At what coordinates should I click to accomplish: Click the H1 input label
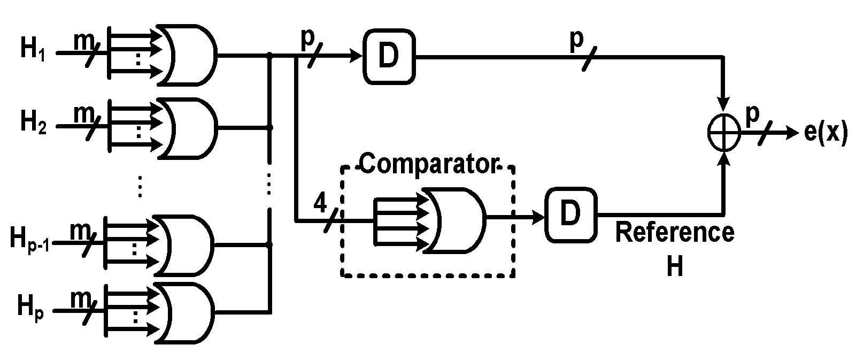[x=33, y=50]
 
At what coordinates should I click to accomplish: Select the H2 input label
[x=33, y=122]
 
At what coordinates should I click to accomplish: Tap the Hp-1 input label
[x=30, y=239]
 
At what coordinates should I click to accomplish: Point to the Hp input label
[x=30, y=309]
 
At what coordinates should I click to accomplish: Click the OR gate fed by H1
[x=187, y=55]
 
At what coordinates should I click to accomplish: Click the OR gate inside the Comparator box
[x=455, y=220]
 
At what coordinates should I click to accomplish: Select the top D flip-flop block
[x=389, y=57]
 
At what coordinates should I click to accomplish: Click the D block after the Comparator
[x=571, y=215]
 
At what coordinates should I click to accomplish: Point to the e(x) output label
[x=826, y=132]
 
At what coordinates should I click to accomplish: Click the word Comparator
[x=429, y=164]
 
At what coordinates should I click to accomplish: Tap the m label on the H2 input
[x=84, y=113]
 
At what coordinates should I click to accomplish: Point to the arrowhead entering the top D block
[x=356, y=57]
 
